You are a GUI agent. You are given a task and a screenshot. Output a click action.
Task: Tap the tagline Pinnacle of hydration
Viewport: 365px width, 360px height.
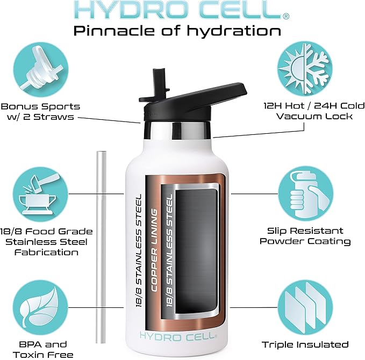click(x=177, y=30)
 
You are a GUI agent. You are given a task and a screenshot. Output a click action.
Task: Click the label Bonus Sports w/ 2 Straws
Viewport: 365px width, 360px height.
click(x=41, y=112)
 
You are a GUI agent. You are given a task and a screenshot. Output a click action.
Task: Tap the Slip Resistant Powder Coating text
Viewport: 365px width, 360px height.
click(x=305, y=236)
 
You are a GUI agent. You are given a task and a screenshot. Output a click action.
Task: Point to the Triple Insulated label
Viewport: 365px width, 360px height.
click(x=305, y=344)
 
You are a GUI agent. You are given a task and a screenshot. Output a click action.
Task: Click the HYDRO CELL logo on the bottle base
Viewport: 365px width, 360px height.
click(x=178, y=335)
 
